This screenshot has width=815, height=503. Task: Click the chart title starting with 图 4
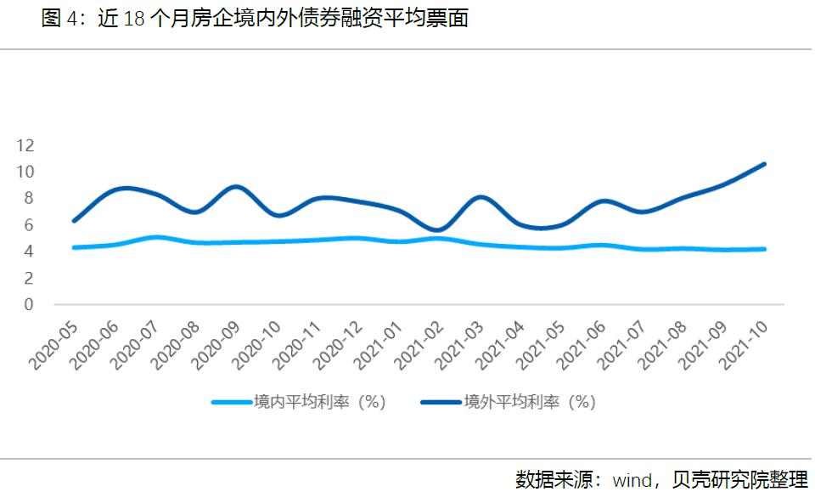255,20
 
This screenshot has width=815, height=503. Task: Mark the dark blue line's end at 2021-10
764,164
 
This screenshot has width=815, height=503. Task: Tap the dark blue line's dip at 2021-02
438,230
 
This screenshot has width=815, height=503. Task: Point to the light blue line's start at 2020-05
75,247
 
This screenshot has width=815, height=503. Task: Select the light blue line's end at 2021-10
764,249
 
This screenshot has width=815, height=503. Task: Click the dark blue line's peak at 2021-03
481,197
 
